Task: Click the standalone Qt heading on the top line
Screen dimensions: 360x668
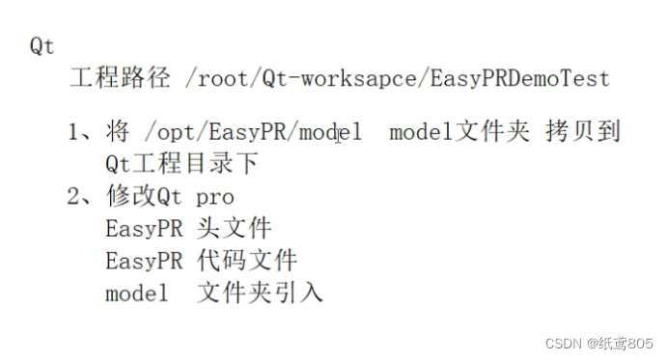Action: pyautogui.click(x=42, y=45)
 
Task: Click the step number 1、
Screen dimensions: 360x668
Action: pyautogui.click(x=81, y=132)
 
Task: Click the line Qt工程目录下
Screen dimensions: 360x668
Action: pyautogui.click(x=181, y=164)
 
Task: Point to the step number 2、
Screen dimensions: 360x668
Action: pyautogui.click(x=81, y=197)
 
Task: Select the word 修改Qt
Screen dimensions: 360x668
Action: pyautogui.click(x=144, y=197)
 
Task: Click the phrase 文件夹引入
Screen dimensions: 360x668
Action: pyautogui.click(x=260, y=292)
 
